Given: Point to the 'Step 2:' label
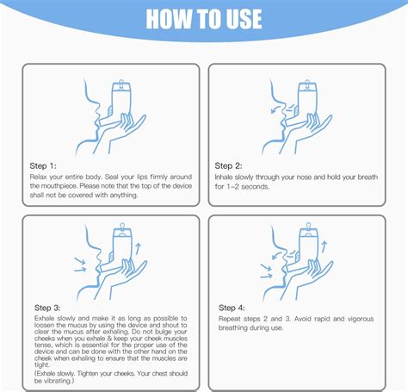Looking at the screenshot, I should pos(228,165).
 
